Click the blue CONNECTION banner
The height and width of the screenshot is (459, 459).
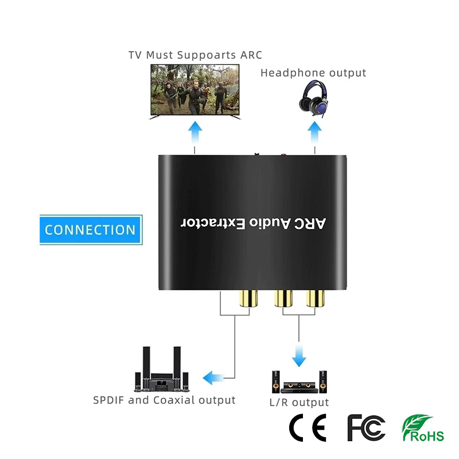click(x=91, y=230)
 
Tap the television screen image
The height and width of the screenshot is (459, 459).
click(x=196, y=90)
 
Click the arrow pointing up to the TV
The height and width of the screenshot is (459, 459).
click(x=196, y=136)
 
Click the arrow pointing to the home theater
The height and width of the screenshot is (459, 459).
click(x=213, y=378)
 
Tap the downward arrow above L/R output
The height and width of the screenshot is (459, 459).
click(x=298, y=356)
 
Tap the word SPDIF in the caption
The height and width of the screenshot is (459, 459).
click(x=109, y=400)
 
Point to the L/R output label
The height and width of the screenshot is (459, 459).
click(x=299, y=402)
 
